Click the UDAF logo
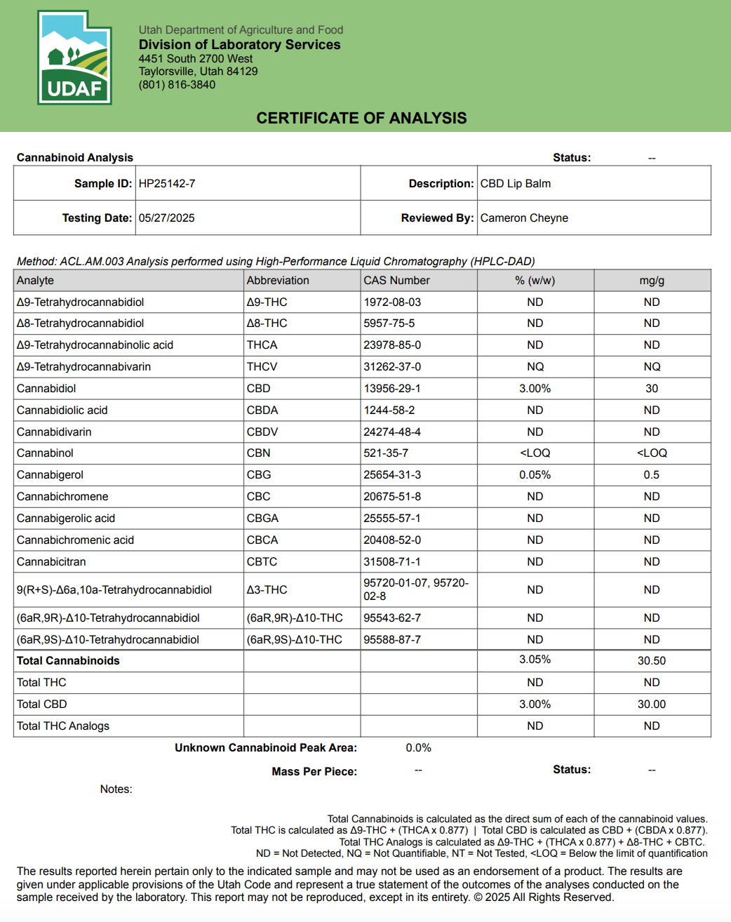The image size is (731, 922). [74, 58]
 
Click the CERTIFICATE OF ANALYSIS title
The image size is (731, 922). [361, 118]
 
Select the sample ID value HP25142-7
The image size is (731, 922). [167, 184]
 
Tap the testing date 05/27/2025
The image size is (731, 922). [166, 218]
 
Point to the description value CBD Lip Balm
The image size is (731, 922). [515, 184]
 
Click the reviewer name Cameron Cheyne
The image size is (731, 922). [524, 218]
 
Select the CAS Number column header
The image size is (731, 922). [396, 281]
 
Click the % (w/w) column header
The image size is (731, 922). [535, 281]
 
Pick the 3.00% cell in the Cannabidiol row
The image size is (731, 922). [535, 389]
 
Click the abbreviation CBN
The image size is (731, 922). [258, 453]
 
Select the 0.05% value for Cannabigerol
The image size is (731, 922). [535, 475]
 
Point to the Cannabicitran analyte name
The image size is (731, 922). [51, 562]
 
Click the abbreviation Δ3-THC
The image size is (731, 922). [267, 590]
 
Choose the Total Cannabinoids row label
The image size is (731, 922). [68, 661]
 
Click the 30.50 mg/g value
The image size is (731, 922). [651, 661]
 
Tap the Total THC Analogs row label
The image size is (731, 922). [63, 726]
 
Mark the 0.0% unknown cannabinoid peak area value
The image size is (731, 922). [418, 748]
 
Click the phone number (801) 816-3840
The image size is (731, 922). [177, 85]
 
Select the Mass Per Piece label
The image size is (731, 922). [314, 772]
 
